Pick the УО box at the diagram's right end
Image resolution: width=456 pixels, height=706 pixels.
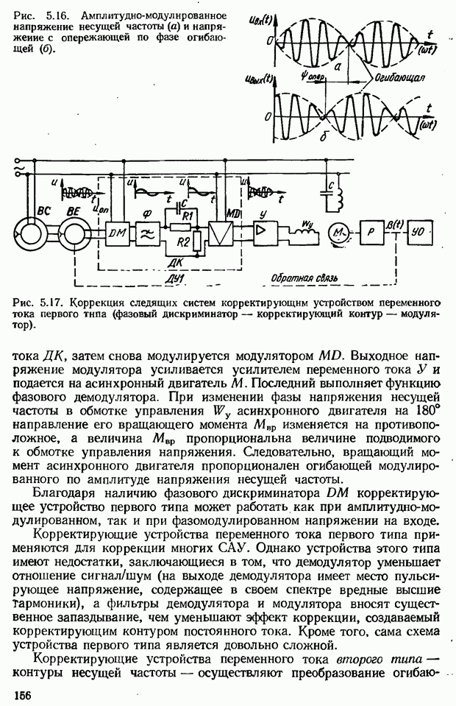(418, 230)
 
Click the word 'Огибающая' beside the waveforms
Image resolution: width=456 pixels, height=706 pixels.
(397, 77)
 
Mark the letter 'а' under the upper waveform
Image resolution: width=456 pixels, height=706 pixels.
(337, 66)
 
